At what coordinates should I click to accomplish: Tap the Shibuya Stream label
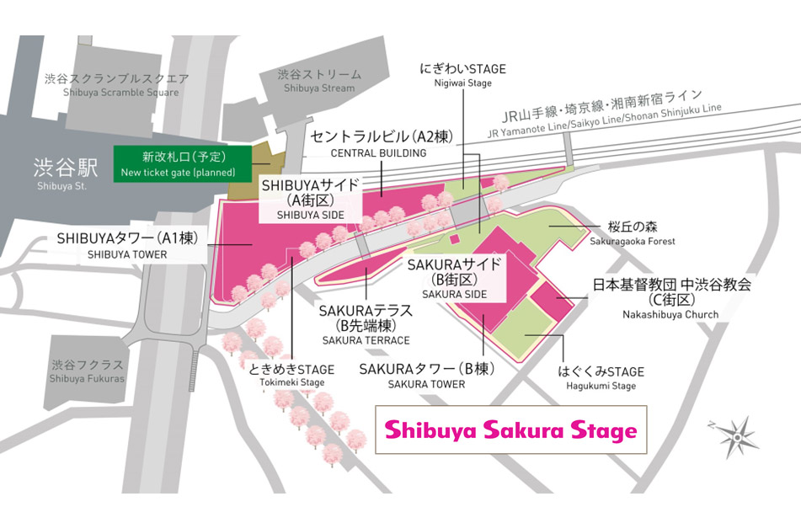pyautogui.click(x=316, y=81)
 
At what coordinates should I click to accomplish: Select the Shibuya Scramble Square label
pyautogui.click(x=121, y=85)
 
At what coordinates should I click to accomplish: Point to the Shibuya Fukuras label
pyautogui.click(x=87, y=371)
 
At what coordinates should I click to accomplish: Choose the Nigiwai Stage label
pyautogui.click(x=463, y=75)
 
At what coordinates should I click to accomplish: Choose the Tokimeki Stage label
pyautogui.click(x=291, y=376)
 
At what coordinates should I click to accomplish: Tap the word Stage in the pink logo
pyautogui.click(x=601, y=431)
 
